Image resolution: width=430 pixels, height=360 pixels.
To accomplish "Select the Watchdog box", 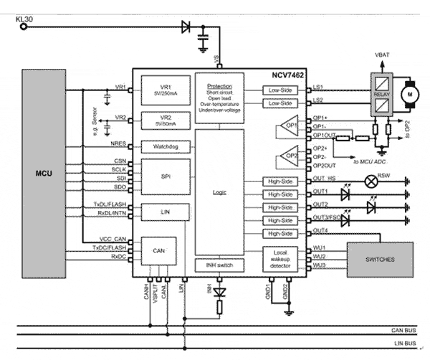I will (165, 146).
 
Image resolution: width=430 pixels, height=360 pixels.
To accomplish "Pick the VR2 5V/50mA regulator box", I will (165, 119).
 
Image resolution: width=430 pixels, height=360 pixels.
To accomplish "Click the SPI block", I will (165, 174).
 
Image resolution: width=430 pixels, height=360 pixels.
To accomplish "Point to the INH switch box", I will (219, 265).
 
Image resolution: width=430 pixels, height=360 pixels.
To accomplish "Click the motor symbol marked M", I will (411, 93).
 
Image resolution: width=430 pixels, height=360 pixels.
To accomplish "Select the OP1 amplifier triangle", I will (285, 128).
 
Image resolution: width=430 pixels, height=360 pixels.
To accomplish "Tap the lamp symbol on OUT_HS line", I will (371, 182).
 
